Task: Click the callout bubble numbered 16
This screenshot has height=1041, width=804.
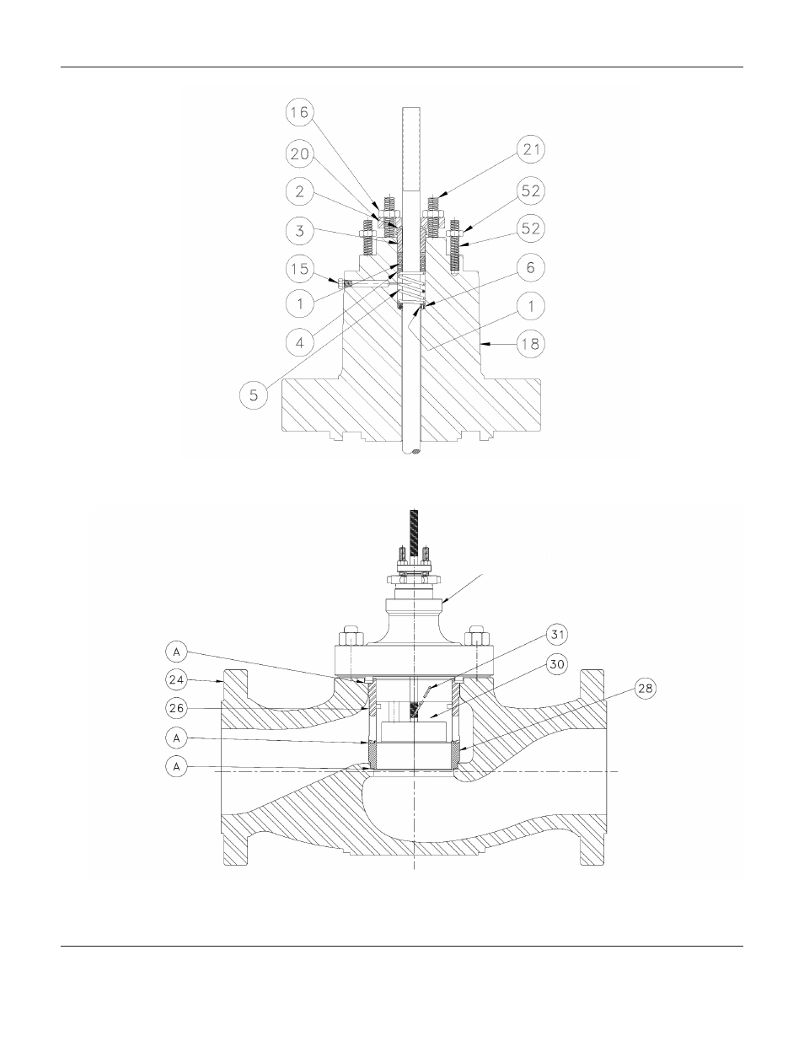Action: [300, 112]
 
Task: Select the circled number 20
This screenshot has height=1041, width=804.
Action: [300, 154]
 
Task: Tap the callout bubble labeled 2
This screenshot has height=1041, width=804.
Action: [300, 191]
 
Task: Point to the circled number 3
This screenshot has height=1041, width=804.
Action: [300, 230]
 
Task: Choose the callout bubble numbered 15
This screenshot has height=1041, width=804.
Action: [300, 268]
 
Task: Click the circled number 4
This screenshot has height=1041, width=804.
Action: [300, 342]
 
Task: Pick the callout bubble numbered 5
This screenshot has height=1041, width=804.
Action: [254, 394]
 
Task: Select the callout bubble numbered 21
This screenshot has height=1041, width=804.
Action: [531, 149]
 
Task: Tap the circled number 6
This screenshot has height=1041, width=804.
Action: [531, 267]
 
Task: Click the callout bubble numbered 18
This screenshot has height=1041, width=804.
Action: [531, 343]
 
